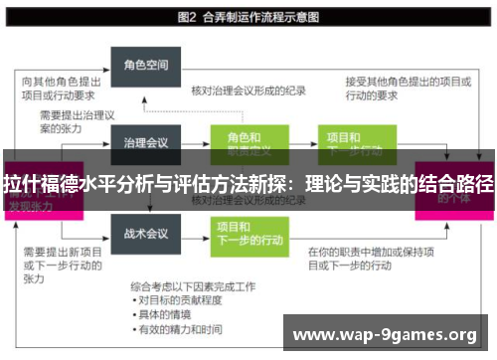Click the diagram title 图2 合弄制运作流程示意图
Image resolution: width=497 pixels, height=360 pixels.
point(248,17)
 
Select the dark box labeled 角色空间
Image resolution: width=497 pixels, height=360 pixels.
point(144,66)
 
